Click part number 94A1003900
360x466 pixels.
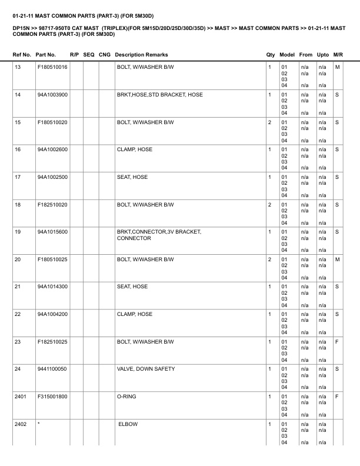[52, 95]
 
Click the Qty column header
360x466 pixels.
[271, 55]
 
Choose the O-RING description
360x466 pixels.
[126, 397]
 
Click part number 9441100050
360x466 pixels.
[52, 369]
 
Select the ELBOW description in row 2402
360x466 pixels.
[128, 424]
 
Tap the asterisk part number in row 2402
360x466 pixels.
[38, 424]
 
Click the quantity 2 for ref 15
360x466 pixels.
[269, 122]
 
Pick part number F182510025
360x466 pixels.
[52, 342]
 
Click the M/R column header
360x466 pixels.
[338, 55]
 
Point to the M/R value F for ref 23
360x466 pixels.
[337, 342]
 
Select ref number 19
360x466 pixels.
[18, 232]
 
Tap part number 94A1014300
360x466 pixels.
[52, 287]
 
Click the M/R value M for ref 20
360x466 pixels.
[337, 259]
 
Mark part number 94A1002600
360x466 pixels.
[52, 149]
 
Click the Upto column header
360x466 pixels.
[322, 55]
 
